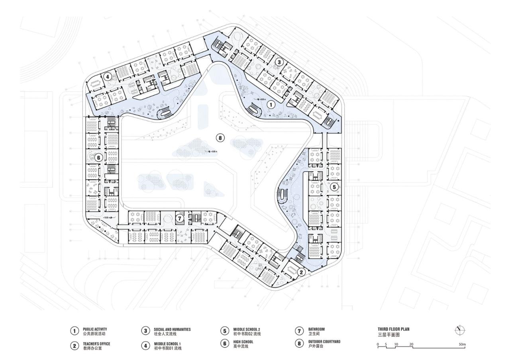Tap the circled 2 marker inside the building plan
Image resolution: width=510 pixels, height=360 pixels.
[x=301, y=272]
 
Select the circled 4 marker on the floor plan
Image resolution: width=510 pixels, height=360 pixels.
[x=107, y=76]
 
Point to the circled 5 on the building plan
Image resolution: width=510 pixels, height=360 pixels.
[x=334, y=186]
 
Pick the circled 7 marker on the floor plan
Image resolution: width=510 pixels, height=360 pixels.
[x=180, y=218]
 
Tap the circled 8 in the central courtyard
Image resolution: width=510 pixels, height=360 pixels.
[x=220, y=138]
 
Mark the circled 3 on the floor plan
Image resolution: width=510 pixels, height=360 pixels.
[x=279, y=62]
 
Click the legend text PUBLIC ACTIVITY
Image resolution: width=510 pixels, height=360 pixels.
[x=95, y=329]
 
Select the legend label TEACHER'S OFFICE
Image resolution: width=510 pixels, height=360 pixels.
[x=96, y=343]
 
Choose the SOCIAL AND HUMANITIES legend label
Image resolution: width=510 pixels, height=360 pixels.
[x=172, y=329]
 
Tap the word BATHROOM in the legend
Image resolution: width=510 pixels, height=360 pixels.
[x=316, y=329]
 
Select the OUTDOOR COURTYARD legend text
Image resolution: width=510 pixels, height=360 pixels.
[x=324, y=342]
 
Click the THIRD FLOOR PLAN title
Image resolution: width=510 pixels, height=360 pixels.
[x=393, y=329]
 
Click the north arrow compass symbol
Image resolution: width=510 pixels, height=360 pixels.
[x=459, y=330]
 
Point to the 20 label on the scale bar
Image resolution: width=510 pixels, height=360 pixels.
[x=411, y=343]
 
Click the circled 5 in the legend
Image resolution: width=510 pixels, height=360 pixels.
[x=225, y=331]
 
